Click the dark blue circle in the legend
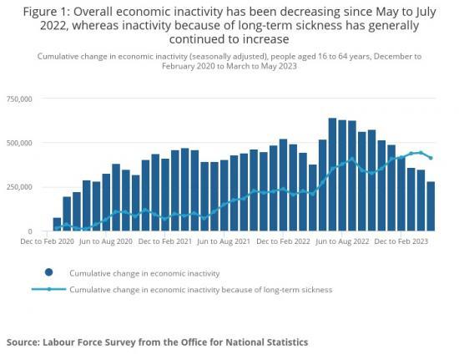tap(49, 272)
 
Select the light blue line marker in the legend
tap(49, 290)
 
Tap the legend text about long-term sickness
tap(200, 290)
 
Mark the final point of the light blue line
tap(431, 158)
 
